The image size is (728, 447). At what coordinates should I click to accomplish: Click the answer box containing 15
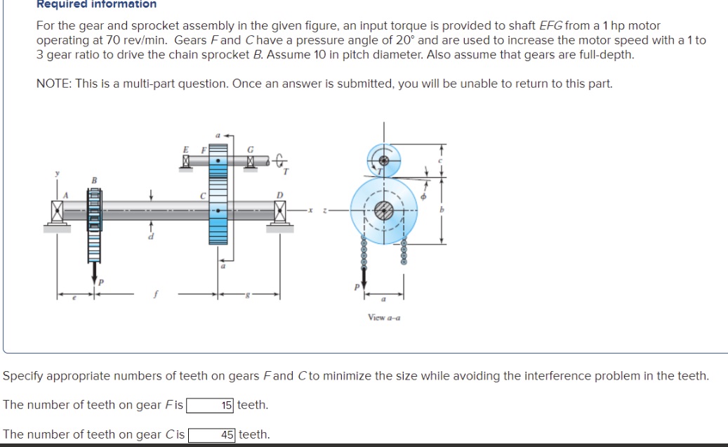(211, 405)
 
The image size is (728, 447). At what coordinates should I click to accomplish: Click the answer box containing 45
(212, 434)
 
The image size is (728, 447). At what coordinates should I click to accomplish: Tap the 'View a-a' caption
(384, 318)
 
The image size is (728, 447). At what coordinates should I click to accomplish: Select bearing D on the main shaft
(280, 209)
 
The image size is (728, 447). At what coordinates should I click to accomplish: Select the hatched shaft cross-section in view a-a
(384, 209)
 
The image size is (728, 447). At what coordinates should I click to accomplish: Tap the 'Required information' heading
(96, 4)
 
